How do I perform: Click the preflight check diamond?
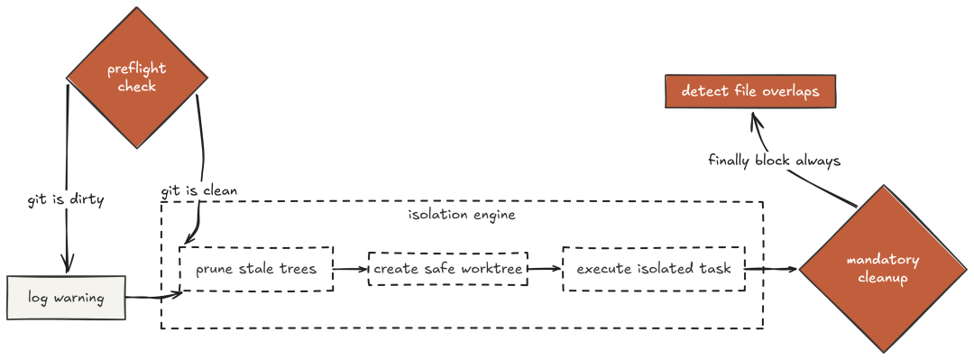coord(137,78)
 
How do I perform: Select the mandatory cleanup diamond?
coord(882,269)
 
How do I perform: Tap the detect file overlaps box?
coord(749,92)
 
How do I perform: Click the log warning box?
coord(65,299)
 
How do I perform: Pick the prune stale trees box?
coord(257,269)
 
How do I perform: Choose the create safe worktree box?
coord(447,269)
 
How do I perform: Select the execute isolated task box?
coord(654,269)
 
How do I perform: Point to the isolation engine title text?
coord(462,216)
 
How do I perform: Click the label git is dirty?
coord(66,200)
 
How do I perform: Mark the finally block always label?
coord(774,161)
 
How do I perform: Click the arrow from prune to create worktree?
coord(351,269)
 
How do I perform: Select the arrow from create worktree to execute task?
coord(545,269)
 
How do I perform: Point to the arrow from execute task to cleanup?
coord(772,269)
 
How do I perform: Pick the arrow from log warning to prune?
coord(153,295)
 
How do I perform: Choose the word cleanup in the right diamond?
coord(882,278)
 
